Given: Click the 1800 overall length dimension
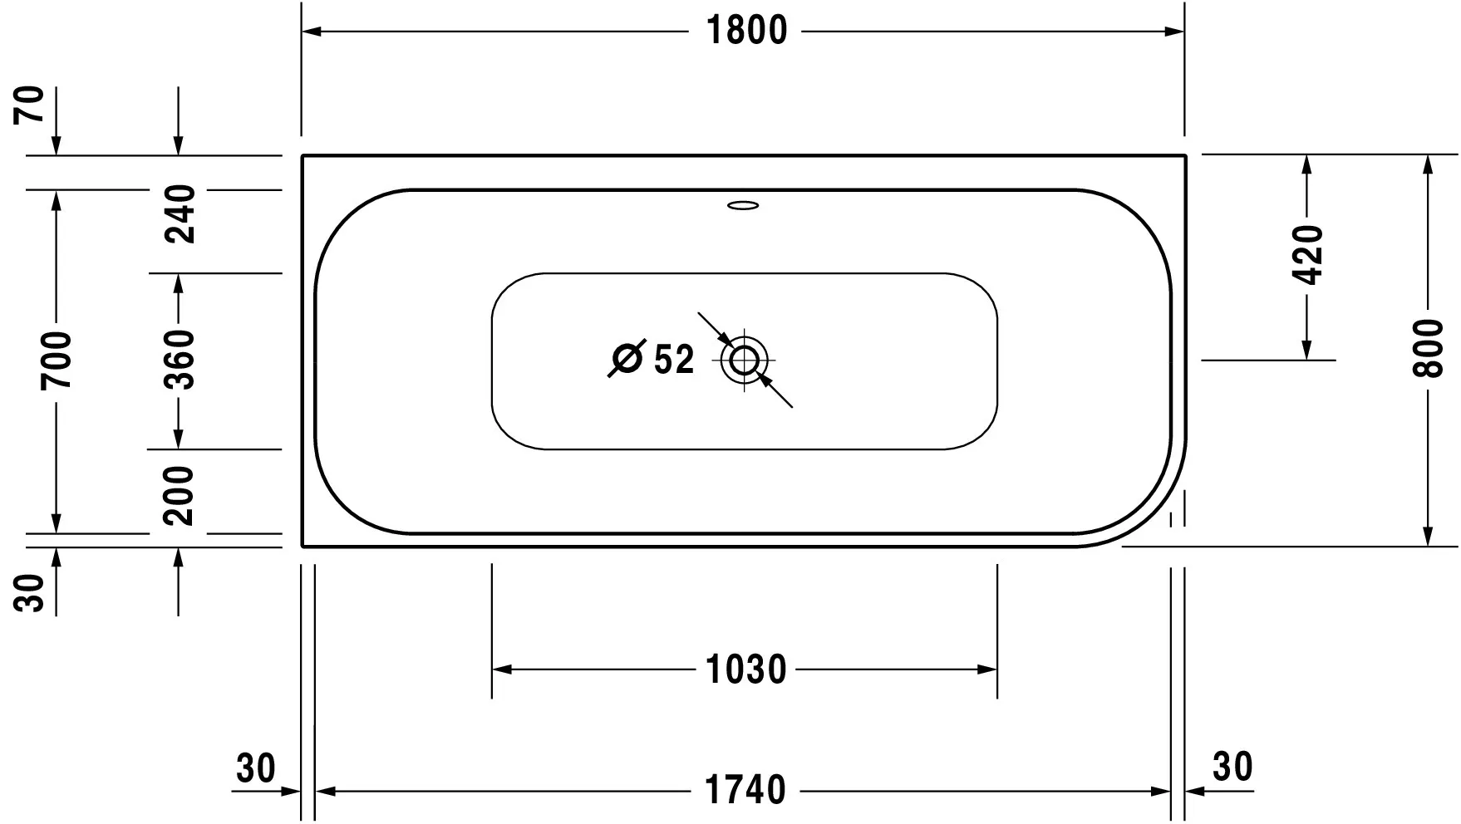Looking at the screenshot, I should [745, 32].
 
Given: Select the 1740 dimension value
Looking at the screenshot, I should [745, 790].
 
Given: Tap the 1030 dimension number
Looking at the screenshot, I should [745, 669].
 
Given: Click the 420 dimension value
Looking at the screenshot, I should [1307, 254].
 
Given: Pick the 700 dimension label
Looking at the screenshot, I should [57, 360].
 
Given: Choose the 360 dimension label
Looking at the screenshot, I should [179, 360].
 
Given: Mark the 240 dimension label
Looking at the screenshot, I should [179, 214].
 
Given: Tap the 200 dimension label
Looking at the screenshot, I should [179, 495].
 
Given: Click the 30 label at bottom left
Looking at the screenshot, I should [255, 768].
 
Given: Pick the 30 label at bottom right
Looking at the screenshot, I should [1232, 767].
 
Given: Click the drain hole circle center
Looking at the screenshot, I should [744, 360].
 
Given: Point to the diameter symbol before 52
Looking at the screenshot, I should [627, 359].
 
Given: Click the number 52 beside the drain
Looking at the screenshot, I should [673, 360].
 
